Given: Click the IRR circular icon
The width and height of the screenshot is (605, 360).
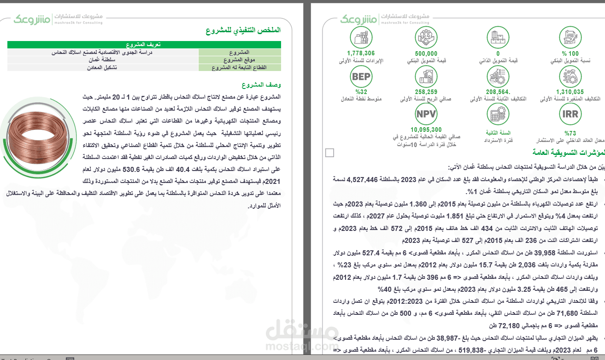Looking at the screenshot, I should tap(570, 114).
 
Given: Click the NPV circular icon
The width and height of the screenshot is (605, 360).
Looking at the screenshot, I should tap(426, 114).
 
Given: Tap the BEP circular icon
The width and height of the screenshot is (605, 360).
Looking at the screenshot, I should tap(361, 77).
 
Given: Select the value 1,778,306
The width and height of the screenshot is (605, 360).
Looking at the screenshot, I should tap(361, 53).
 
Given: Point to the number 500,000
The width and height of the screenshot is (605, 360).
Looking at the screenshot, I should tap(426, 53).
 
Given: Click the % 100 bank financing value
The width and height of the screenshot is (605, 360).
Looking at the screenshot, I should tap(570, 53).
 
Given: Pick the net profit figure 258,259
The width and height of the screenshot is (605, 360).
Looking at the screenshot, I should tap(426, 92).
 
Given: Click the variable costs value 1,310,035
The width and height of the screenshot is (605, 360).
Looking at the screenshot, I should tap(570, 92).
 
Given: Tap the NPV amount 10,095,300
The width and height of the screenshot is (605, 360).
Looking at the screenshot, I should tap(426, 130).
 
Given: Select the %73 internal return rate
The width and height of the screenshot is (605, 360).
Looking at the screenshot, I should tap(570, 133).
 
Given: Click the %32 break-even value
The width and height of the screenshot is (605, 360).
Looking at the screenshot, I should tap(361, 92).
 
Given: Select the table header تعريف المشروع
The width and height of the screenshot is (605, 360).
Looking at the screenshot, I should tap(144, 45).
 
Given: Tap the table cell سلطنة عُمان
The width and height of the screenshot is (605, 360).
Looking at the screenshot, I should tap(102, 60).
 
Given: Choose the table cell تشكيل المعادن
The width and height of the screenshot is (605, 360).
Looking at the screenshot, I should tap(102, 67).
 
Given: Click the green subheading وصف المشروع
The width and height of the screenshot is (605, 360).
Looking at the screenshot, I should tap(261, 85).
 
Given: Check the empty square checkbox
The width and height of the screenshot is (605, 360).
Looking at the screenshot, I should tap(329, 153).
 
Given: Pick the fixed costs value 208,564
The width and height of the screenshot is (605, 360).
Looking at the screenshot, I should tap(498, 92).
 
